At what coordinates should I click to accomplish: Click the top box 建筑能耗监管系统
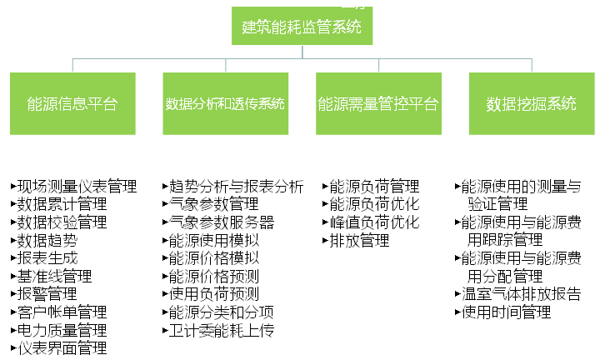pyautogui.click(x=302, y=26)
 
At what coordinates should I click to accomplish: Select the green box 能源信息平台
pyautogui.click(x=72, y=103)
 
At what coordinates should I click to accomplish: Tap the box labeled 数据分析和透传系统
pyautogui.click(x=225, y=103)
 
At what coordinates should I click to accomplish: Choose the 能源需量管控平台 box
pyautogui.click(x=378, y=103)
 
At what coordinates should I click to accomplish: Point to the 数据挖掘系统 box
pyautogui.click(x=532, y=103)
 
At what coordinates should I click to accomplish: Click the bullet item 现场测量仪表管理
pyautogui.click(x=77, y=187)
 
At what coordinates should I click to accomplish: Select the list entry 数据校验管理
pyautogui.click(x=62, y=222)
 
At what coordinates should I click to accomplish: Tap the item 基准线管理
pyautogui.click(x=54, y=277)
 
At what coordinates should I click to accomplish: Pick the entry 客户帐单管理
pyautogui.click(x=62, y=312)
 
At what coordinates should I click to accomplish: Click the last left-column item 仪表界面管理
pyautogui.click(x=62, y=348)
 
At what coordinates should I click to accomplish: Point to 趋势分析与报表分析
pyautogui.click(x=237, y=187)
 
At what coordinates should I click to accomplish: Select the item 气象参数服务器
pyautogui.click(x=222, y=222)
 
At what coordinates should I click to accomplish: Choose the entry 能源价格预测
pyautogui.click(x=214, y=277)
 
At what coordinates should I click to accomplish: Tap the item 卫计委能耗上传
pyautogui.click(x=222, y=330)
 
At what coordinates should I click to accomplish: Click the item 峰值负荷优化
pyautogui.click(x=374, y=222)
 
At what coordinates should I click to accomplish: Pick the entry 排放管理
pyautogui.click(x=359, y=240)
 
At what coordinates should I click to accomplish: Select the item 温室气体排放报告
pyautogui.click(x=522, y=294)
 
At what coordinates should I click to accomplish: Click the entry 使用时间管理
pyautogui.click(x=506, y=312)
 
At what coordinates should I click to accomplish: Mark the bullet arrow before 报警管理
pyautogui.click(x=13, y=294)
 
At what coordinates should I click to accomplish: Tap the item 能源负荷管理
pyautogui.click(x=374, y=187)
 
